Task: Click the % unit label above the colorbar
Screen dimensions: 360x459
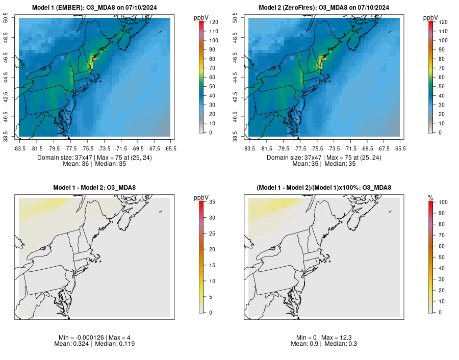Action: click(430, 197)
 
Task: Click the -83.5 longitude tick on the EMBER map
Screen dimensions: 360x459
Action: click(19, 148)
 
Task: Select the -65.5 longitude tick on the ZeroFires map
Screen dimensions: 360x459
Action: click(400, 148)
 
